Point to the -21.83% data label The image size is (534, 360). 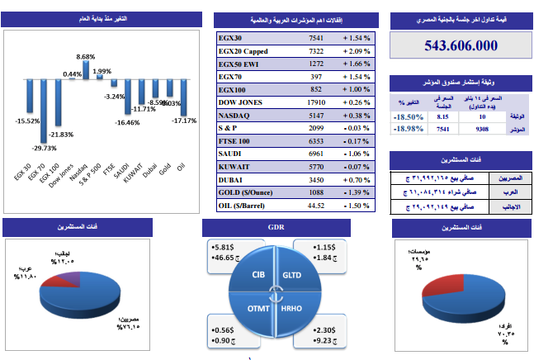(x=60, y=134)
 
